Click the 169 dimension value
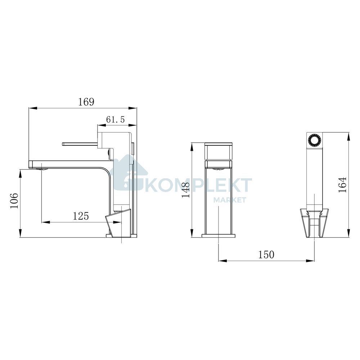(x=86, y=102)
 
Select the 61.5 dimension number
(x=115, y=120)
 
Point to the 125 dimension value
(x=81, y=216)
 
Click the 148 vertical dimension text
(x=185, y=190)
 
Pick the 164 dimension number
(x=342, y=185)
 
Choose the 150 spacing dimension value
(x=266, y=255)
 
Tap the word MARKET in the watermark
(x=230, y=200)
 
